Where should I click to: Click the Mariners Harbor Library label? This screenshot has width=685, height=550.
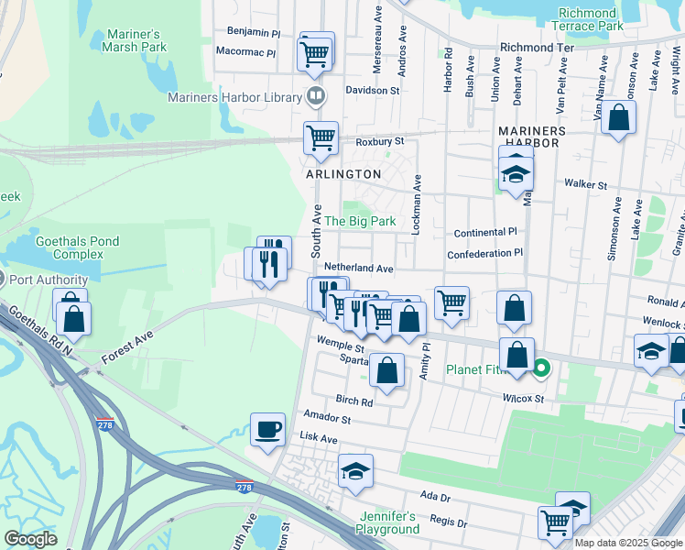(234, 97)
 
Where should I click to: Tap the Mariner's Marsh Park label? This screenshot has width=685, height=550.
(136, 40)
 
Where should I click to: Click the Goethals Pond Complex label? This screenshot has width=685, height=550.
(77, 247)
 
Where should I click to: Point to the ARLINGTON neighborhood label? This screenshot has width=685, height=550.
(342, 174)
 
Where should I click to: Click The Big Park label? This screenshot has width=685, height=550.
(361, 221)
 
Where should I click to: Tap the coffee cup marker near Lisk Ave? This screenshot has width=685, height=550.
(268, 429)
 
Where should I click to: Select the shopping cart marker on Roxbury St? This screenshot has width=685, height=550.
(321, 138)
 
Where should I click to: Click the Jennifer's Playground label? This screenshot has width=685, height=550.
(389, 522)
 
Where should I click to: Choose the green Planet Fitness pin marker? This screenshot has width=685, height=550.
(541, 370)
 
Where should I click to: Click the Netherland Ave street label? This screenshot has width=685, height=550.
(358, 269)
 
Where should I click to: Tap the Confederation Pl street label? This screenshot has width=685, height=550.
(484, 253)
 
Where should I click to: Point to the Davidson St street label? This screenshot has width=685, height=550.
(373, 91)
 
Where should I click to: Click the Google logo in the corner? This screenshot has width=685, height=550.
(30, 539)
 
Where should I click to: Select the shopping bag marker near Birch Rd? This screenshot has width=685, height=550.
(387, 371)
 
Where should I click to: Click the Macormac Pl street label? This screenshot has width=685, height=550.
(245, 53)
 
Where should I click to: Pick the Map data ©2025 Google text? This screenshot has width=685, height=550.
(628, 543)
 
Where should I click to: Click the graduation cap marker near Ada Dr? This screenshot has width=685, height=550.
(355, 471)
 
